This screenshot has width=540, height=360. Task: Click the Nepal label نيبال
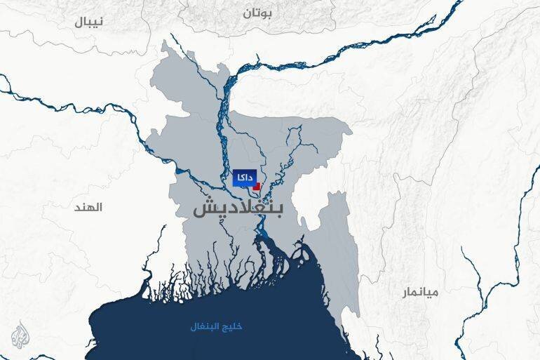[x=90, y=21]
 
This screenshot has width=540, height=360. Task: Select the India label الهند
[x=90, y=208]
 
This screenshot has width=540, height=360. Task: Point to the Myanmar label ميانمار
[x=419, y=292]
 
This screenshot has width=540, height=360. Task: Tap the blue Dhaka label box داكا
[x=244, y=179]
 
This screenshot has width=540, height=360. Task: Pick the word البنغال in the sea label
[x=207, y=327]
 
